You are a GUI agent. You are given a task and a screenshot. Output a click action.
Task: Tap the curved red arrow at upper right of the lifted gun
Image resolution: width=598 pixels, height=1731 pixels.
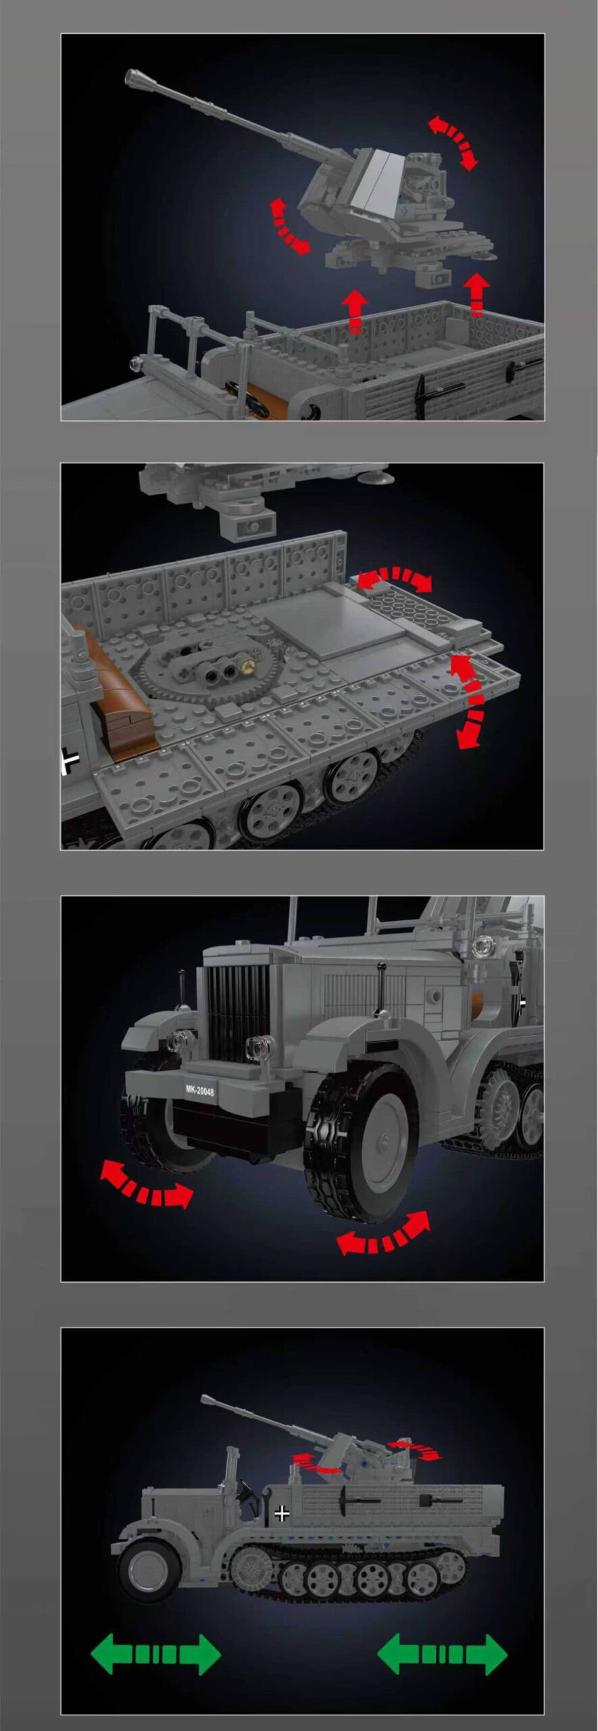453,141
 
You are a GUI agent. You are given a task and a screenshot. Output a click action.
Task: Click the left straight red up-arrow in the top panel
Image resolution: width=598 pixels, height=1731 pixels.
355,310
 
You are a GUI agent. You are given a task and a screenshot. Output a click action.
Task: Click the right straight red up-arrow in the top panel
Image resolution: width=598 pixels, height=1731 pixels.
477,293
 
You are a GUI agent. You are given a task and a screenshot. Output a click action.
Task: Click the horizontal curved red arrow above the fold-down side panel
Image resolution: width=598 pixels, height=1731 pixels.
395,579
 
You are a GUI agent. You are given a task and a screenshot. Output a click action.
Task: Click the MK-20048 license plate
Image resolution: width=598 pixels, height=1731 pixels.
200,1091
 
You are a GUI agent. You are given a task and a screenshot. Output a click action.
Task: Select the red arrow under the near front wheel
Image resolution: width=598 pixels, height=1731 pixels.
383,1238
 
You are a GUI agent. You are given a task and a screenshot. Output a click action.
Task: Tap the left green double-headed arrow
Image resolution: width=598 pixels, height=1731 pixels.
155,1655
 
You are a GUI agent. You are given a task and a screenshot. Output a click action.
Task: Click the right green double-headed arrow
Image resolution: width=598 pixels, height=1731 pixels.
442,1654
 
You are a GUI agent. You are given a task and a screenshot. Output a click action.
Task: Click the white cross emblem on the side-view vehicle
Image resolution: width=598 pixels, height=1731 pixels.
282,1513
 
